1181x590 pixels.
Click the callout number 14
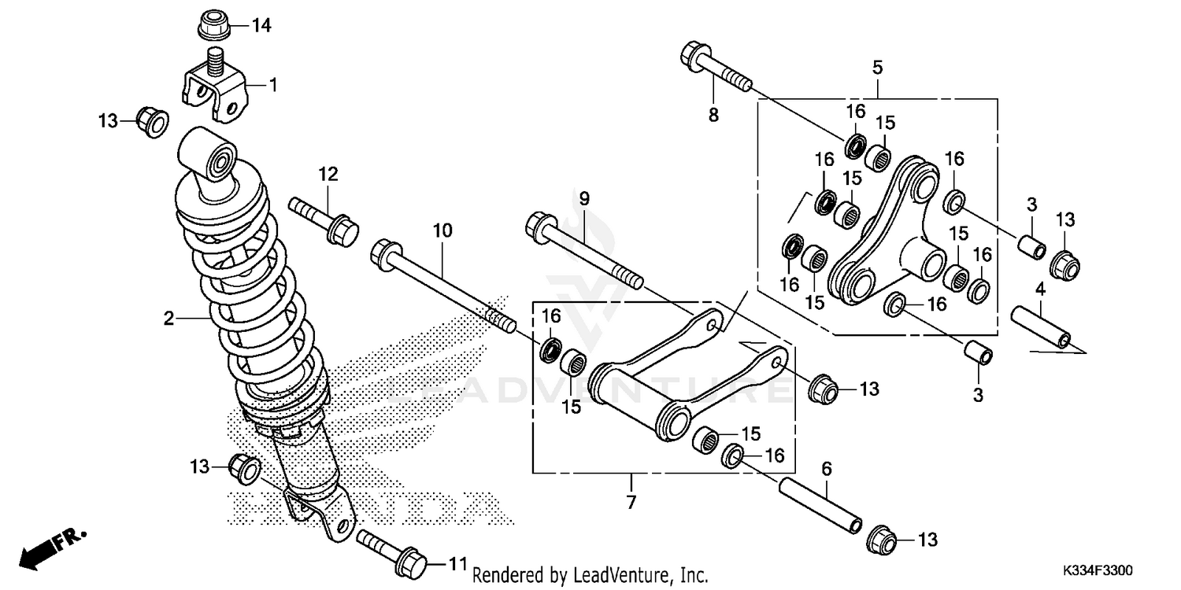click(x=261, y=26)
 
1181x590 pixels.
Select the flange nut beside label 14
click(x=213, y=25)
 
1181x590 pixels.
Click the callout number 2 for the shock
click(x=168, y=319)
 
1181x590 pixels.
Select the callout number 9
click(x=583, y=199)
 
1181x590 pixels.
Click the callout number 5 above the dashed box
click(x=877, y=67)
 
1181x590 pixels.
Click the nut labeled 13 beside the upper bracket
click(x=150, y=121)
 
